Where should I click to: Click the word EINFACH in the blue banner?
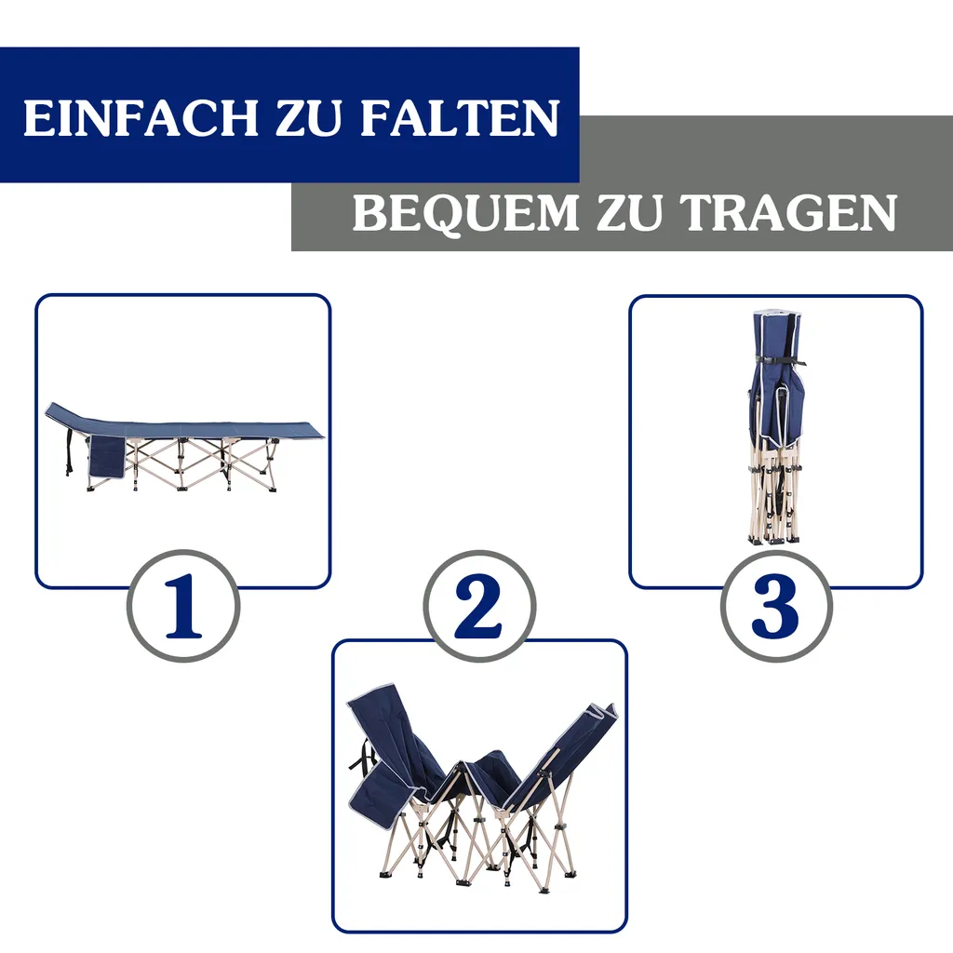(140, 119)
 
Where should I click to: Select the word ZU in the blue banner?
(309, 119)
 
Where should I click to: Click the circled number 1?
(183, 606)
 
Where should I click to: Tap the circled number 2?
(479, 606)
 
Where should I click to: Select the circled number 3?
(775, 606)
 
